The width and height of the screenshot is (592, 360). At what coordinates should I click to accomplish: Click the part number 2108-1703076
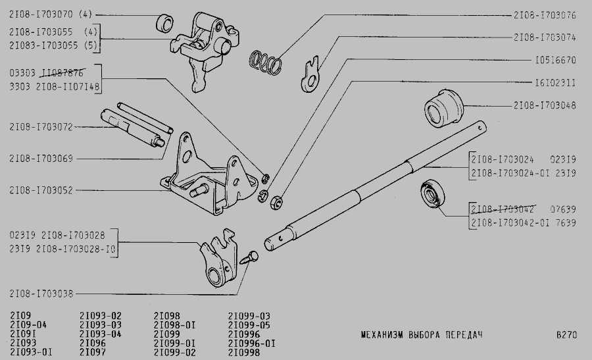(544, 14)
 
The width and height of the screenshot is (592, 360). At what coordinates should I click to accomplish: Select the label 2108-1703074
(544, 38)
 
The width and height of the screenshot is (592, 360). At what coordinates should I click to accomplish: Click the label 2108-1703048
(544, 105)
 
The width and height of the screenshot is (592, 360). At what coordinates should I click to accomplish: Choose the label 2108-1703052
(41, 191)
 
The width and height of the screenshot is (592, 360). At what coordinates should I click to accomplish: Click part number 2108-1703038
(41, 294)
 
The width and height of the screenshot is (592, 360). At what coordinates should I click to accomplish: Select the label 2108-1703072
(41, 126)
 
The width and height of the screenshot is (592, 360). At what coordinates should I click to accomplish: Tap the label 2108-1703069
(41, 159)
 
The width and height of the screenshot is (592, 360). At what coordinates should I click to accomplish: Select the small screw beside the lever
(249, 257)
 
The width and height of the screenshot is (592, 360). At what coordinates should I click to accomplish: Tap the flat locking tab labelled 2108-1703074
(311, 74)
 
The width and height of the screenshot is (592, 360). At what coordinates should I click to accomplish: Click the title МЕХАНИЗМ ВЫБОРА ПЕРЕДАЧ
(422, 335)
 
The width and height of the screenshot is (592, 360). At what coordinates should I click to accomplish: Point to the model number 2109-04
(28, 325)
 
